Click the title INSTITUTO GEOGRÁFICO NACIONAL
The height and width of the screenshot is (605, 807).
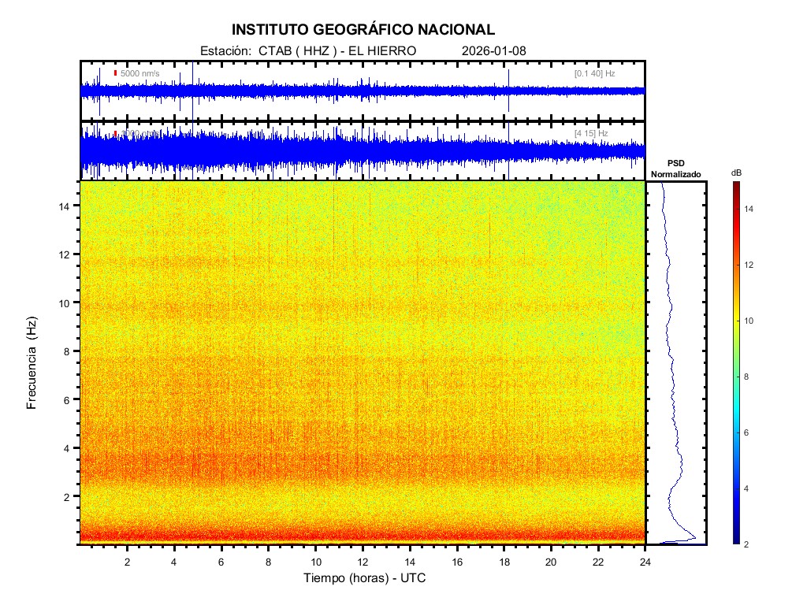(x=363, y=30)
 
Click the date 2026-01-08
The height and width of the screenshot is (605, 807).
(x=494, y=50)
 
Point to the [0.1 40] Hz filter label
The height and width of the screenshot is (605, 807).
(x=594, y=73)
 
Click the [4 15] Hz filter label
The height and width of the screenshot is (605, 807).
(x=591, y=133)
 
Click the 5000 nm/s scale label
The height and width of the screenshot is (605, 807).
(x=139, y=73)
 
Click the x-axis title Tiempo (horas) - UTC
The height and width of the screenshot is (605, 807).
(x=365, y=578)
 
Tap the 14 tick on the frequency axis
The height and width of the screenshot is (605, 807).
(x=67, y=206)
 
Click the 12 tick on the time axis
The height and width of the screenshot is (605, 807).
(x=363, y=562)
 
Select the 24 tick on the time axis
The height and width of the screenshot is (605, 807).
(x=645, y=562)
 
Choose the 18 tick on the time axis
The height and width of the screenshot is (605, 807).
(x=504, y=562)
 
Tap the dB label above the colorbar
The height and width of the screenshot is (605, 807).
(x=736, y=172)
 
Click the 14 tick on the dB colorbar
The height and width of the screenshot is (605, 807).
(x=751, y=209)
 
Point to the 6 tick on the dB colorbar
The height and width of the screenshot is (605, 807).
(x=751, y=433)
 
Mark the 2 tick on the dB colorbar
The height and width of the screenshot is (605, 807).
(x=751, y=544)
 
